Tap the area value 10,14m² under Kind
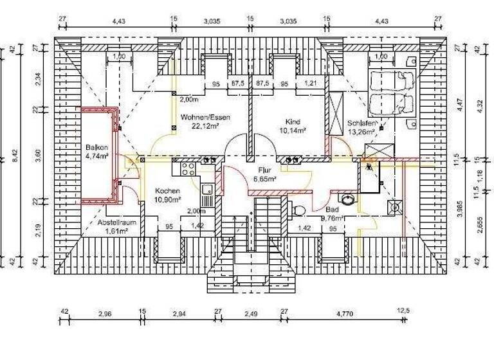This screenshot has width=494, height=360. click(x=292, y=129)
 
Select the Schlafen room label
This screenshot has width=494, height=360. click(x=362, y=123)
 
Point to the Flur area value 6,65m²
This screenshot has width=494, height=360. click(x=264, y=180)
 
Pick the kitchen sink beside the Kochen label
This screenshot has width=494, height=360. click(x=208, y=190)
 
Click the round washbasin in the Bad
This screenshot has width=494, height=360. click(x=349, y=199)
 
